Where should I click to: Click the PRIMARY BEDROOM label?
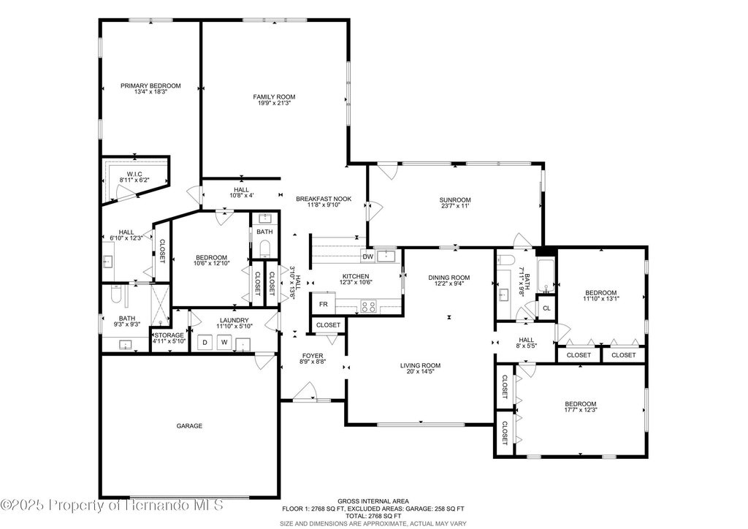(x=150, y=86)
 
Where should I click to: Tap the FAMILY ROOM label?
(x=274, y=97)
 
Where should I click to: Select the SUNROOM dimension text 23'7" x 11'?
(x=455, y=206)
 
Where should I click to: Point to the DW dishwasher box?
(x=367, y=256)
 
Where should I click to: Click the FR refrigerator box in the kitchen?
(x=323, y=304)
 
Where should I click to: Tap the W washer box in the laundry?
(x=224, y=342)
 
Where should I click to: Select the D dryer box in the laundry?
(x=205, y=342)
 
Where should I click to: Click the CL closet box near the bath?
(x=546, y=308)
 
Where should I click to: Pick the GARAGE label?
(x=189, y=426)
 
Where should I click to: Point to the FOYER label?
(x=313, y=356)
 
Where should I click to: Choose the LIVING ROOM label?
(x=420, y=366)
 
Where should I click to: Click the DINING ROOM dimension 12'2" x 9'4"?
(x=449, y=283)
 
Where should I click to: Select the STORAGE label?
(x=169, y=335)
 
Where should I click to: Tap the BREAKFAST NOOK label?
(x=324, y=199)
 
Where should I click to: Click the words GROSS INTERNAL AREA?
(x=373, y=501)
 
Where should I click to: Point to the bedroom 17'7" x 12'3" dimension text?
(x=581, y=410)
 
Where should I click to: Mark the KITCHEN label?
(x=356, y=276)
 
